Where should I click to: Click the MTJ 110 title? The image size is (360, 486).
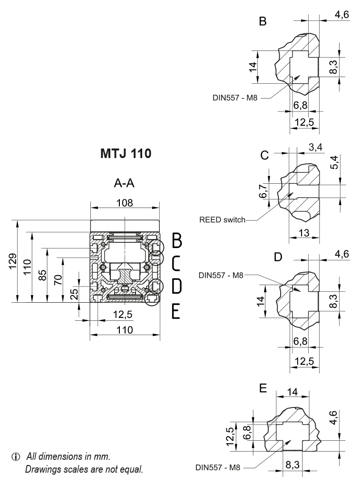coord(126,155)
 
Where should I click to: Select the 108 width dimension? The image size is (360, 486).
coord(125,202)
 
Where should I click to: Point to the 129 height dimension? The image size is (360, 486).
coord(14,261)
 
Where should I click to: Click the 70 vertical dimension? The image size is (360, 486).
coord(58,279)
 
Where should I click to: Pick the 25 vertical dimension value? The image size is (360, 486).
coord(74,294)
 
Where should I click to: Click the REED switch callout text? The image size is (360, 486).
coord(222,220)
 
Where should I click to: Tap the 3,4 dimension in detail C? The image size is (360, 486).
coord(315,147)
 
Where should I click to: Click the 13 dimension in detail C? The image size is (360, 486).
coord(305,232)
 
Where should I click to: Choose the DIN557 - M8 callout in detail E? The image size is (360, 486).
coord(218,467)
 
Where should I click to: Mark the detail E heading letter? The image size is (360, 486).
coord(263,389)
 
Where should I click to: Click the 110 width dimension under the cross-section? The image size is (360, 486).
coord(125,330)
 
